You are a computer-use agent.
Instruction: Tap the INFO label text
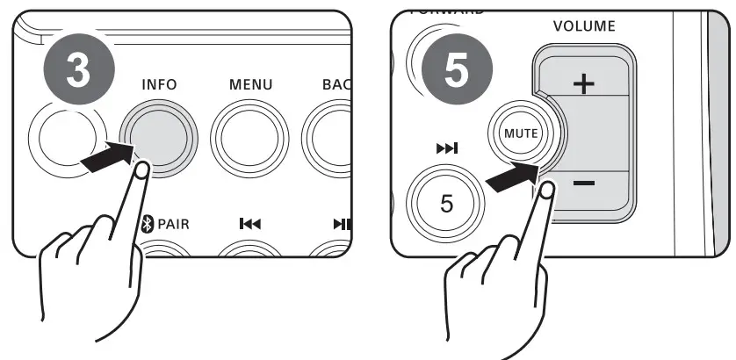[159, 85]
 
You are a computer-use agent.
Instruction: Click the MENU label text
[250, 85]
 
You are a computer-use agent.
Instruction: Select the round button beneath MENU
[250, 140]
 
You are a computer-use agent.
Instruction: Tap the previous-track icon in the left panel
[249, 225]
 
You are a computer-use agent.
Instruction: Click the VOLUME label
[584, 26]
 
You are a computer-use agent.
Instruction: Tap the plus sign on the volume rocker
[583, 84]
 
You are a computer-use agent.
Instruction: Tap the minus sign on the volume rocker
[584, 184]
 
